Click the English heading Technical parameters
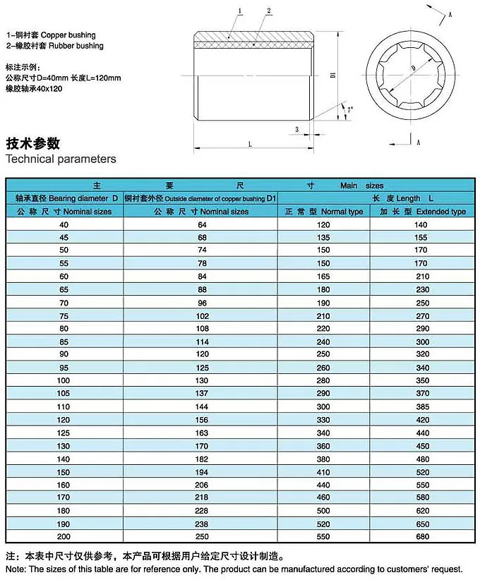[x=61, y=159]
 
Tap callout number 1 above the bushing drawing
[x=241, y=11]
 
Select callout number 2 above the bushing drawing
[x=269, y=11]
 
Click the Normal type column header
[x=324, y=212]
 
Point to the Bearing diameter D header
[x=65, y=198]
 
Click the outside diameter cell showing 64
[x=201, y=224]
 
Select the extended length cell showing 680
[x=423, y=537]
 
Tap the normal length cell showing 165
[x=323, y=275]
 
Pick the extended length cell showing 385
[x=423, y=407]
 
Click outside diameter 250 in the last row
[x=201, y=537]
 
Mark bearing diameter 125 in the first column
[x=65, y=433]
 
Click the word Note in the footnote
[x=16, y=569]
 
